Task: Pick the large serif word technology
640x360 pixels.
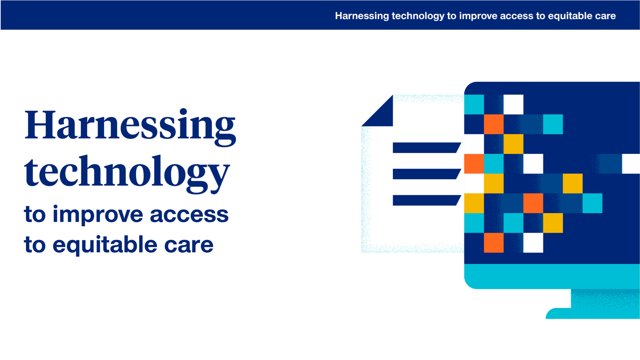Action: pos(127,172)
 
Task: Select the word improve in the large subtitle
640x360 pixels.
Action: pos(98,215)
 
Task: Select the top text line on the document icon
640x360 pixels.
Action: pos(426,148)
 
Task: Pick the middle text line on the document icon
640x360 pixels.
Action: pos(426,174)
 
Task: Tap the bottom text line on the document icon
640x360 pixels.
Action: pos(426,200)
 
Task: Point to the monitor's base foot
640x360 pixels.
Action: pos(592,314)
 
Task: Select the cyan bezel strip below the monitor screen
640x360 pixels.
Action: pos(552,276)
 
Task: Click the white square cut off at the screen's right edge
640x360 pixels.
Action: pos(631,164)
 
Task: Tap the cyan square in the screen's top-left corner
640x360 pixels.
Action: pos(474,104)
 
